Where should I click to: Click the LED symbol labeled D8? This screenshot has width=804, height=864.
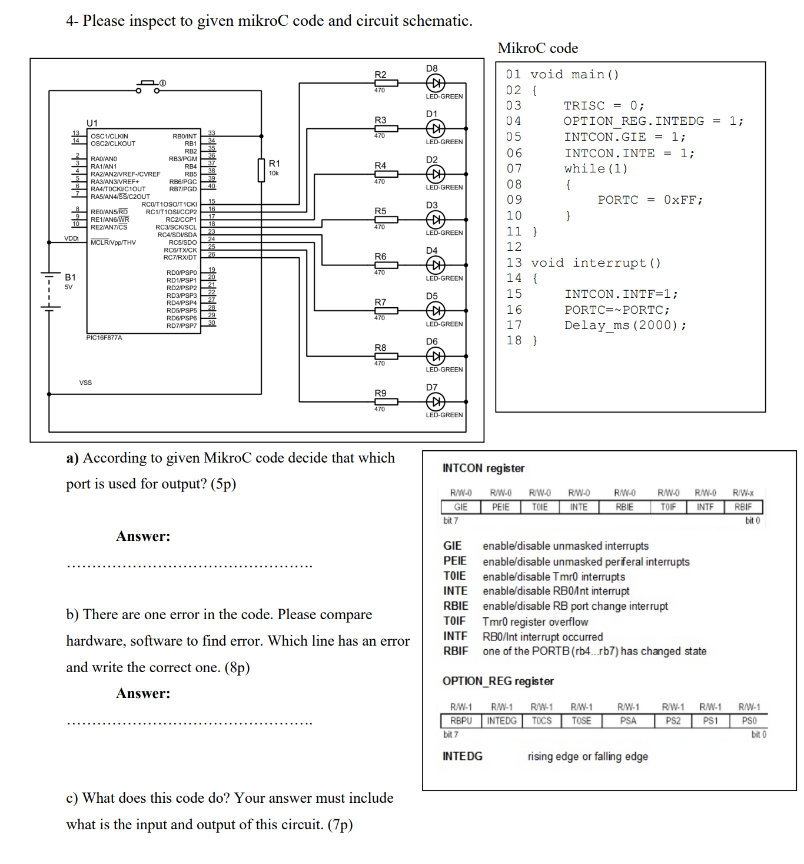tap(435, 83)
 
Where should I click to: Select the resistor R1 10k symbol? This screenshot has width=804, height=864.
tap(261, 170)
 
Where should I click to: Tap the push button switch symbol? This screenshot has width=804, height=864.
tap(148, 87)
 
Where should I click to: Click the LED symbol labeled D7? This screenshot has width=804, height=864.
tap(435, 402)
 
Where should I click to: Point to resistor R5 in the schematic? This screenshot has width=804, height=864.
tap(386, 220)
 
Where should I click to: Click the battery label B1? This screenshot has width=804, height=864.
tap(70, 277)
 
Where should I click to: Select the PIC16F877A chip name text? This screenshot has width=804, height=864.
tap(104, 338)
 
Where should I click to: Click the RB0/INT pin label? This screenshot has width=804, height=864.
tap(184, 136)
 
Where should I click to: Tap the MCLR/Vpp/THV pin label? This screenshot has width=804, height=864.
tap(113, 242)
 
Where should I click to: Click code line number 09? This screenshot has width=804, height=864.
tap(514, 200)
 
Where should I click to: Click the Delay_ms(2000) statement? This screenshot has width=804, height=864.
tap(624, 325)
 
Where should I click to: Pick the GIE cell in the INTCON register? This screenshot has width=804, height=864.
tap(460, 507)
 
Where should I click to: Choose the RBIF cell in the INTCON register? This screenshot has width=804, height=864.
tap(743, 507)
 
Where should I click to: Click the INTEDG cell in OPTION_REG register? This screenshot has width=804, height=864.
tap(501, 720)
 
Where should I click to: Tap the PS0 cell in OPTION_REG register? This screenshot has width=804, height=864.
tap(749, 720)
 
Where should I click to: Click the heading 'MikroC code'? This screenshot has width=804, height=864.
tap(537, 48)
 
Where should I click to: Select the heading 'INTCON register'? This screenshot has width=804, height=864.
tap(483, 468)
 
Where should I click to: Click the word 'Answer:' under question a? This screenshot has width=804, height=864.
tap(143, 536)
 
